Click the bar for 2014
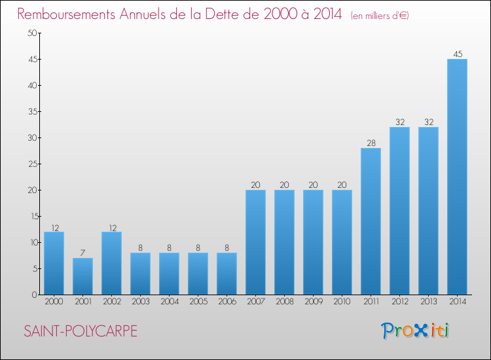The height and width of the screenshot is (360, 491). coord(457,177)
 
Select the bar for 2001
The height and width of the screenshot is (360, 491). coord(82,276)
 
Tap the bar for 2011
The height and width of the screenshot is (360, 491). coord(371,221)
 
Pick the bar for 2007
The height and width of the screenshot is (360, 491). coord(255,242)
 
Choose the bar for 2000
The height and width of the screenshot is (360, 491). coord(54,263)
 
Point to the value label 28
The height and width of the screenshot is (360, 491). coord(371,143)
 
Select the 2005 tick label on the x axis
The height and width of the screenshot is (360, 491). coord(198,302)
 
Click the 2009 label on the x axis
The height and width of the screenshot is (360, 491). coord(313,302)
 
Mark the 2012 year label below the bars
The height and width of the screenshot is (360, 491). coord(399,302)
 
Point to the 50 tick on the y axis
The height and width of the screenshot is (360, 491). coord(30,33)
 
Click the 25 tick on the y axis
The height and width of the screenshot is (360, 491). coord(30,164)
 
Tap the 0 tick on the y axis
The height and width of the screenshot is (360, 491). coord(33,295)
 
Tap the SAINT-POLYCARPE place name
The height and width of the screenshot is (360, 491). coord(81,331)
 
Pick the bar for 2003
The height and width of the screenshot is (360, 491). coord(140,274)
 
